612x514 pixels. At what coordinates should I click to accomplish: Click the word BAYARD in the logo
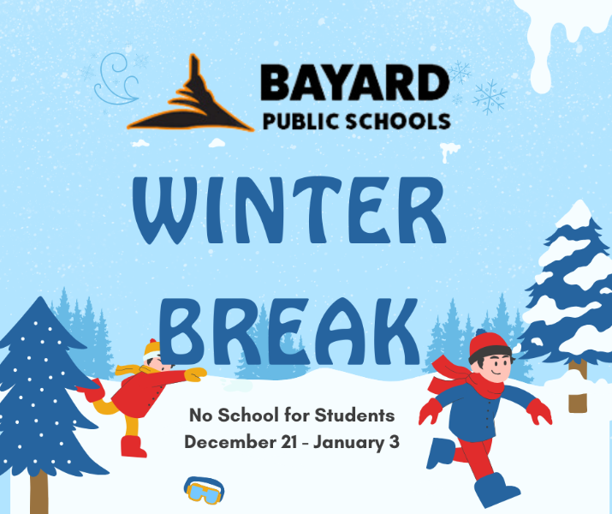pos(354,83)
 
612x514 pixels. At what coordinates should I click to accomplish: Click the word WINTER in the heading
pos(289,210)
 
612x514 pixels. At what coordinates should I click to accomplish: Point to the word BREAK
pos(289,332)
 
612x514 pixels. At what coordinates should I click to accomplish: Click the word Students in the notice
pos(354,415)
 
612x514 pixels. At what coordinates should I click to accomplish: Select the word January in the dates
pos(348,443)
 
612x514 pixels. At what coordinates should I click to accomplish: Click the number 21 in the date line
pos(288,442)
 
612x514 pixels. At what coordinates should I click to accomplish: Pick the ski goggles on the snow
pos(204,490)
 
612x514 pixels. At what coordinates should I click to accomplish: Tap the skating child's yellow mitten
pos(195,374)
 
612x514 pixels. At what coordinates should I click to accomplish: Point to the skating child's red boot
pos(133,447)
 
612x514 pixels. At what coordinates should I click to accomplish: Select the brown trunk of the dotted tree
pos(39,492)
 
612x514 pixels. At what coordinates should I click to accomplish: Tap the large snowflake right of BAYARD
pos(490,97)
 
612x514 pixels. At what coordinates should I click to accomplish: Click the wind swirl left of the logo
pos(116,79)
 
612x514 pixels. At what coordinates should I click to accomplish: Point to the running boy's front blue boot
pos(493,488)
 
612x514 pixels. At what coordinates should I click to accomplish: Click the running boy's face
pos(496,364)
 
